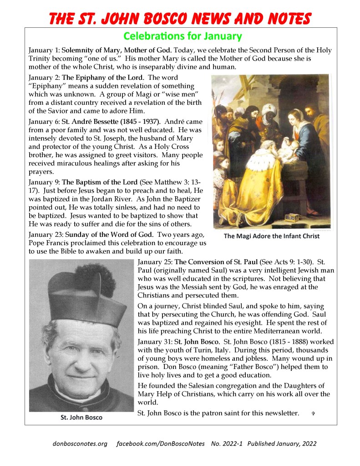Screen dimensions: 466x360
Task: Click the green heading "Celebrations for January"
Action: (183, 36)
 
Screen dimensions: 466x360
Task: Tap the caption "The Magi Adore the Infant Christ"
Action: (271, 236)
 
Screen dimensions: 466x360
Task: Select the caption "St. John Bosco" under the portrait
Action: (81, 417)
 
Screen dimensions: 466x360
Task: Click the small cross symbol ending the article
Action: (313, 414)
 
